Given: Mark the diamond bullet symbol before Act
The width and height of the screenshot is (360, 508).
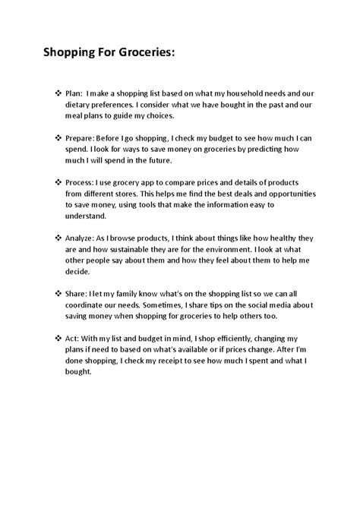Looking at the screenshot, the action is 60,337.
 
